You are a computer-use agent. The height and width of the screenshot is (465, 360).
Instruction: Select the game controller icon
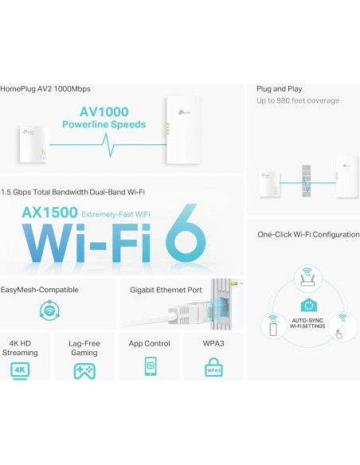(84, 370)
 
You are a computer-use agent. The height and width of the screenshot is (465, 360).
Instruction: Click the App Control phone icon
(150, 366)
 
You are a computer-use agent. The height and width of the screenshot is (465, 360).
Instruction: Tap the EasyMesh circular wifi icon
(50, 311)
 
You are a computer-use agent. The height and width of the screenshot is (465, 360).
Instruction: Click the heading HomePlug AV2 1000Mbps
(48, 89)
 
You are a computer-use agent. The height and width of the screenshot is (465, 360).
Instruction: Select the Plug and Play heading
(279, 89)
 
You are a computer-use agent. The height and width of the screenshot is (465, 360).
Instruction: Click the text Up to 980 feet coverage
(298, 101)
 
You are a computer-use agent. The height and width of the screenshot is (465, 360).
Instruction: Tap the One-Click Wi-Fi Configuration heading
(307, 234)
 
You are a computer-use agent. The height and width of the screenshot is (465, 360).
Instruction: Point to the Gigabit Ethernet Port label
(166, 290)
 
